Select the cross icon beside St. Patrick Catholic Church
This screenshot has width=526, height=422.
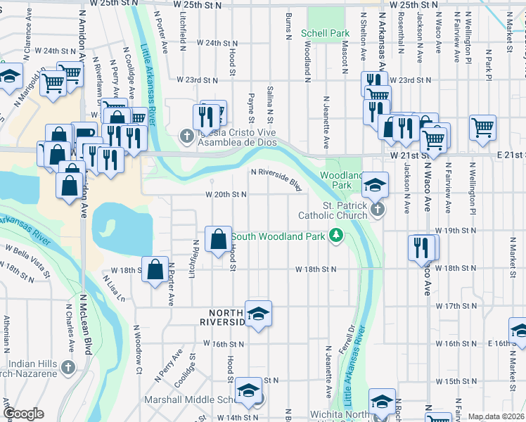[378, 210]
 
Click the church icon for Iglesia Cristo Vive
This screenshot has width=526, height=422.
[187, 135]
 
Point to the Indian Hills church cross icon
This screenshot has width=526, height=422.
[68, 367]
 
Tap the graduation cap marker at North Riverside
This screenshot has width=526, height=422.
[258, 313]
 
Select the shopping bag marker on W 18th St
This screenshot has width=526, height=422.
[155, 268]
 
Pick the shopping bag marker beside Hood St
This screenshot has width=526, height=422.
[218, 238]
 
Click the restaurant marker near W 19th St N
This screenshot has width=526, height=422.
[421, 247]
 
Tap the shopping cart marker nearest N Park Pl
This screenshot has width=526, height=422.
[482, 128]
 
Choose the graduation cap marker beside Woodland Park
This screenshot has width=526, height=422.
[376, 184]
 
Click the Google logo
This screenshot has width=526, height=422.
[23, 414]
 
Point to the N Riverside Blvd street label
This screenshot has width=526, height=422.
[276, 178]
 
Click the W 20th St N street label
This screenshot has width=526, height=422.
[225, 195]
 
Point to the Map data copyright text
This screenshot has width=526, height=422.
[496, 416]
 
